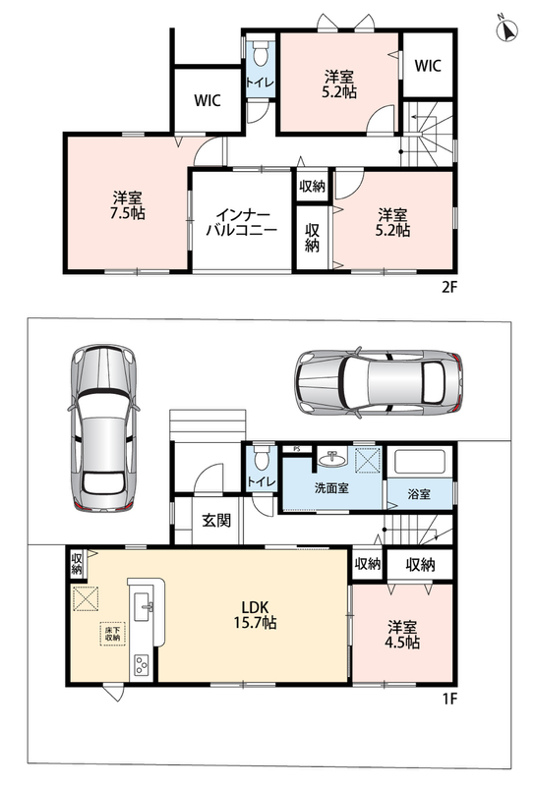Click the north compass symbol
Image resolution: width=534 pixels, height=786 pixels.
pos(506,29)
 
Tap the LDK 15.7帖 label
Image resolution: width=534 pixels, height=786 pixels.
pos(256,615)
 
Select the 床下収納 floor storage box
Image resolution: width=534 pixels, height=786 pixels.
pos(112,634)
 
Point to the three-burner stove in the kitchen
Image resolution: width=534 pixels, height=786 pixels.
pos(142,666)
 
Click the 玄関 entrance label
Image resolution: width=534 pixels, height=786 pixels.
pos(216,521)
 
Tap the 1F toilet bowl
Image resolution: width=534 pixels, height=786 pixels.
pos(260,459)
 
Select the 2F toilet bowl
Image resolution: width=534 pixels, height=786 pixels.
pos(260,53)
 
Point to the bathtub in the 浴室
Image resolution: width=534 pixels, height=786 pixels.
pos(420,462)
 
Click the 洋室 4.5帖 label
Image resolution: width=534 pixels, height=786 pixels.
pos(402,635)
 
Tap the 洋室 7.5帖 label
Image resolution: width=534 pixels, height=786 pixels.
pos(128,205)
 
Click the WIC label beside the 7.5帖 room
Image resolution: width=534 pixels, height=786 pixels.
pos(208,100)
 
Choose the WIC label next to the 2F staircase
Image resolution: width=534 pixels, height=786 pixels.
pos(428,65)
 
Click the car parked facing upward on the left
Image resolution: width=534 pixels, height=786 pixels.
pos(103,427)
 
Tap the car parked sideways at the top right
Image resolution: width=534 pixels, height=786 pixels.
pos(379,381)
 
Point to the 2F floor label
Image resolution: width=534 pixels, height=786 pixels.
pos(449,287)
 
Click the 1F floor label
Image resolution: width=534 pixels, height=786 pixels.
pos(449,699)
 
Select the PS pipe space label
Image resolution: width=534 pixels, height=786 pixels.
pos(296,449)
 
